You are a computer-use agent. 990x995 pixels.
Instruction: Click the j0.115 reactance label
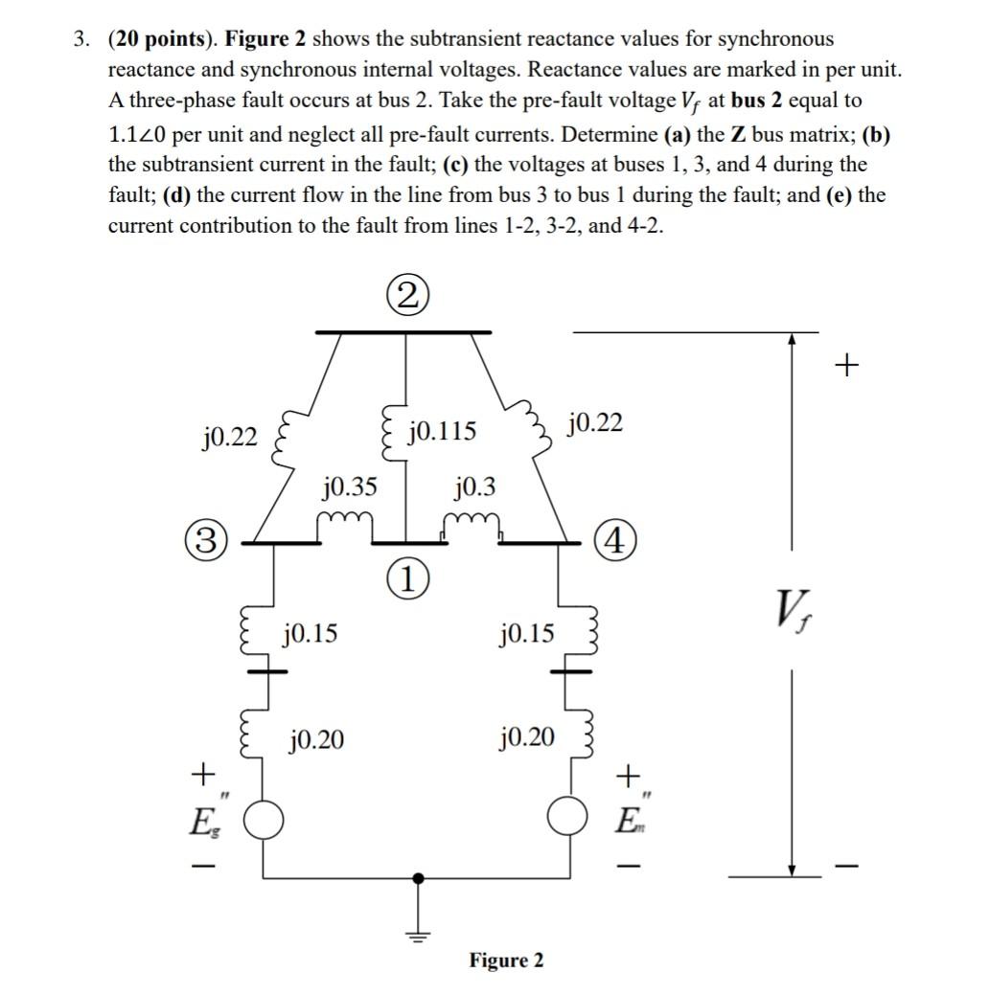[x=442, y=432]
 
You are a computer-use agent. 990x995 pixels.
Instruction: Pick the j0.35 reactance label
[x=349, y=488]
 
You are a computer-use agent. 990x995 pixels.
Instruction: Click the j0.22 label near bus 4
[x=595, y=422]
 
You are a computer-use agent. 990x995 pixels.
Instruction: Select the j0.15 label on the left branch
[x=310, y=633]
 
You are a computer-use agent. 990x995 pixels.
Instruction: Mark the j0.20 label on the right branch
[x=526, y=737]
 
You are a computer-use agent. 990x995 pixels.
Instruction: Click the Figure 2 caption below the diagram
[x=505, y=961]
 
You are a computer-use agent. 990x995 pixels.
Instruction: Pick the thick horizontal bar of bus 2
[x=403, y=331]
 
